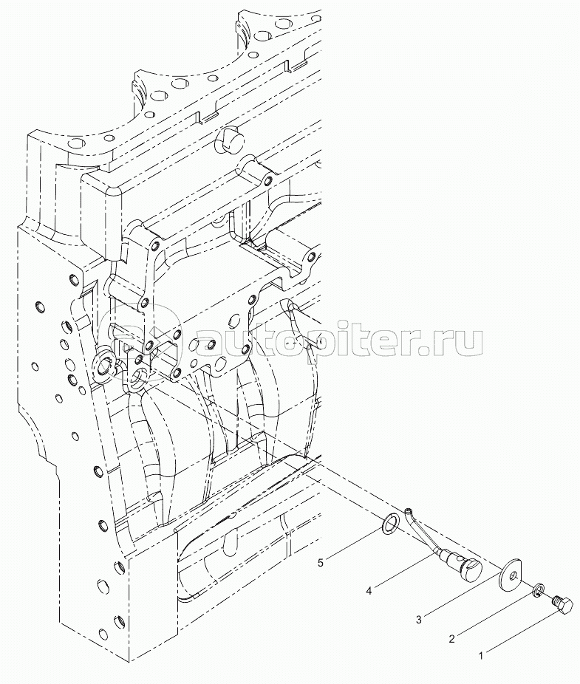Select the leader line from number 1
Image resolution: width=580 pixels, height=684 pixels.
tap(517, 632)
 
